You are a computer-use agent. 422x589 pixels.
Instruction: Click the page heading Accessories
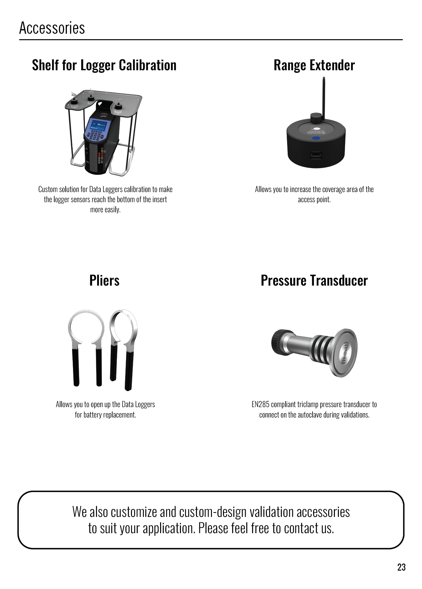(52, 28)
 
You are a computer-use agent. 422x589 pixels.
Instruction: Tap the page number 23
(401, 567)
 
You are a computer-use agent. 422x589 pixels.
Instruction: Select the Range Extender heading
(314, 65)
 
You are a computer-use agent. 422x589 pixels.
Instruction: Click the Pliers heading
(104, 280)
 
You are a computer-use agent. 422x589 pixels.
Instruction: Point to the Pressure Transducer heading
(314, 280)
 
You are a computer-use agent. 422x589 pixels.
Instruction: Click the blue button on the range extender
(316, 138)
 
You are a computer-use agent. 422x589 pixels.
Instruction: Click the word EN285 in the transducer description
(260, 404)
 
